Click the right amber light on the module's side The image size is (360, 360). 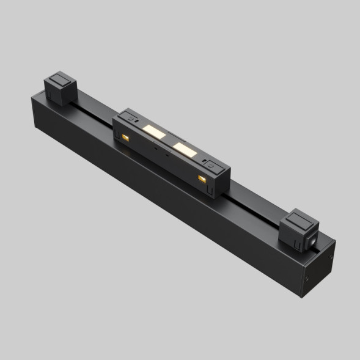(202, 178)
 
